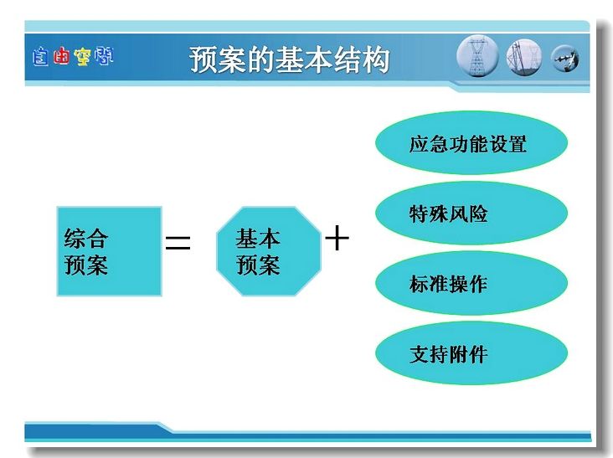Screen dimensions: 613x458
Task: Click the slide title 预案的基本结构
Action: click(x=290, y=59)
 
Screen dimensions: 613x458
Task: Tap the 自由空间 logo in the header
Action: click(x=73, y=57)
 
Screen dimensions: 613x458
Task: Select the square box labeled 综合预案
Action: click(x=110, y=251)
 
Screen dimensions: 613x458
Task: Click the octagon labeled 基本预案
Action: click(x=269, y=251)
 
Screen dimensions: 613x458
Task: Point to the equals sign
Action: click(x=178, y=243)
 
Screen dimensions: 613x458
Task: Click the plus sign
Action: click(x=337, y=238)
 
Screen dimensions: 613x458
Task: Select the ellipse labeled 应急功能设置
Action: click(x=471, y=143)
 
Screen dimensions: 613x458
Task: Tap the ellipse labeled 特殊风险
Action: click(x=471, y=213)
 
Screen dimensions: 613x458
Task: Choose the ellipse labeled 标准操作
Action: click(x=471, y=283)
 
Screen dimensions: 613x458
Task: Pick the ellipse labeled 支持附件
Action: click(x=471, y=353)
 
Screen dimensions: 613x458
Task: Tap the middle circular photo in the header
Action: click(x=524, y=58)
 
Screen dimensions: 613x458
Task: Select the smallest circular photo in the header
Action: click(x=565, y=59)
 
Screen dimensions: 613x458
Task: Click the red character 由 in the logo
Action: click(x=61, y=56)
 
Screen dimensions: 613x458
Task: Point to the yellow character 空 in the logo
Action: click(x=83, y=57)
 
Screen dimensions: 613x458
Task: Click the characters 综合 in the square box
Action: click(x=86, y=239)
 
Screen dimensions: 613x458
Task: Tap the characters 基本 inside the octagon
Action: click(x=258, y=239)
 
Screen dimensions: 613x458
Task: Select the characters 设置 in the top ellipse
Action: click(x=507, y=144)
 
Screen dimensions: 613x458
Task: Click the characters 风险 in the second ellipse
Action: click(x=468, y=214)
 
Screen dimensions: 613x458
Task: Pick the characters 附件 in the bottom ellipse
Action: click(x=468, y=354)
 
